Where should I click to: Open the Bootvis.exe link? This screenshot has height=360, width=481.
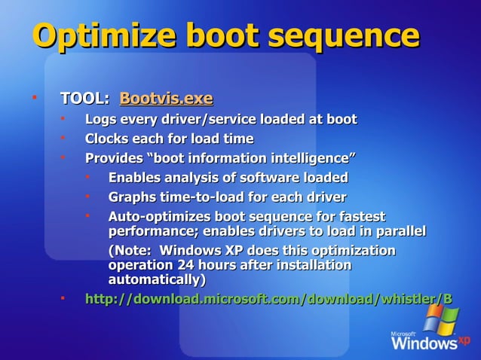coord(166,99)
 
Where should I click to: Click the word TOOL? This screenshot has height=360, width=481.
coord(84,99)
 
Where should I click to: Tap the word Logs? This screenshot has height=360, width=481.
coord(101,119)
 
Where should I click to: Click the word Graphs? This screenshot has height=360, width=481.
coord(133,197)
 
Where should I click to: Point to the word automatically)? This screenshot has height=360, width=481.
coord(158,279)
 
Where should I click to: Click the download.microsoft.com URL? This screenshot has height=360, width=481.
coord(268,299)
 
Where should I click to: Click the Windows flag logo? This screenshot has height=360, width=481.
coord(441,317)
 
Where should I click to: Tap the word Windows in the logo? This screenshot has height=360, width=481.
coord(423,343)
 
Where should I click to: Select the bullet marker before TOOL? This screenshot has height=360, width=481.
coord(34,98)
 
